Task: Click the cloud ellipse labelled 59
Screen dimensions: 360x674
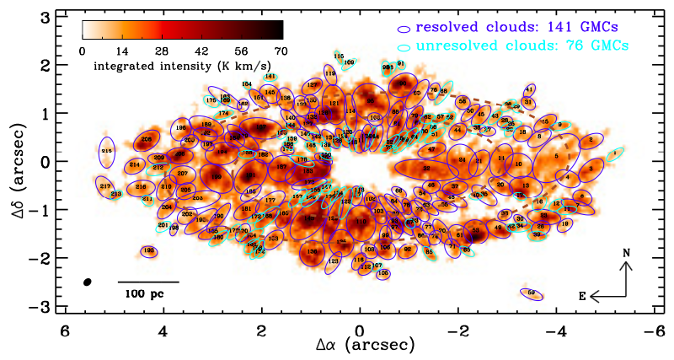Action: tap(532, 293)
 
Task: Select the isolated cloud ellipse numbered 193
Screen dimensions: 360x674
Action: tap(149, 250)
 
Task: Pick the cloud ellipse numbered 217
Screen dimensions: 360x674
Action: tap(105, 186)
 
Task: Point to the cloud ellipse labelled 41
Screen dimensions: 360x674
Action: tap(529, 89)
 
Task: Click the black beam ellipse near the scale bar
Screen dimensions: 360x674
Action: tap(87, 282)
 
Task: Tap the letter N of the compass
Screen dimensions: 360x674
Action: tap(626, 253)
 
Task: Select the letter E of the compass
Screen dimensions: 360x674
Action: tap(581, 297)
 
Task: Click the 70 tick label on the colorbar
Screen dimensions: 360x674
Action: tap(281, 51)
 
